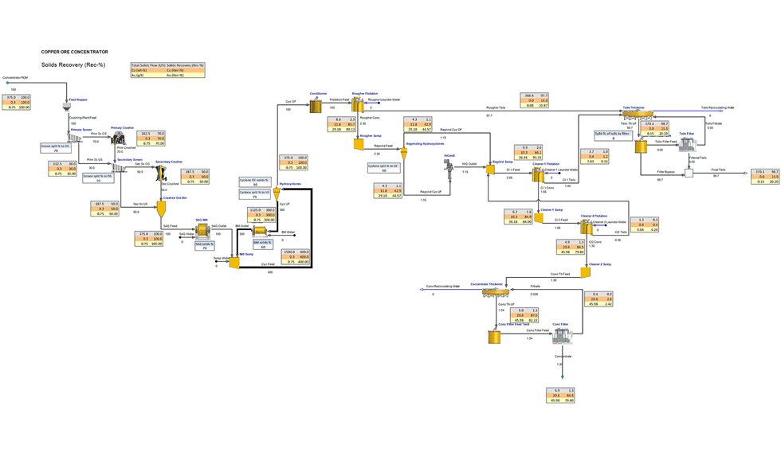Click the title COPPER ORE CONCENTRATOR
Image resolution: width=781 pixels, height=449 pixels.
pos(74,51)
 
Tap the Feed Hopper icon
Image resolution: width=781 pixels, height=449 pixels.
pos(68,105)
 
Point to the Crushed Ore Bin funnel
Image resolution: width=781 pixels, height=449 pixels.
pos(161,208)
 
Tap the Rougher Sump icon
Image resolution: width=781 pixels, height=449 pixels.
pos(360,146)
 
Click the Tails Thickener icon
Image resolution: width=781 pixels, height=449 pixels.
pos(638,114)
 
